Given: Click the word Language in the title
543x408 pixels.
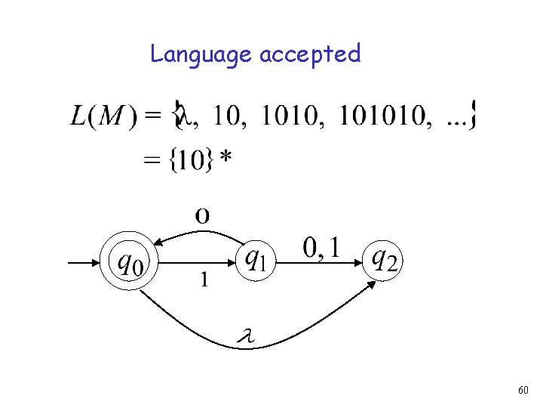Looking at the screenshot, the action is (201, 54).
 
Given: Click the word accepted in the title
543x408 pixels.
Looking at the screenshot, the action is (310, 54).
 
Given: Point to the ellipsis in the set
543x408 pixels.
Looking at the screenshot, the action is (456, 117).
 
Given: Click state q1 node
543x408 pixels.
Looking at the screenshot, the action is (255, 261).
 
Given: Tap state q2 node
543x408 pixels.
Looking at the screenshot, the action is (385, 261).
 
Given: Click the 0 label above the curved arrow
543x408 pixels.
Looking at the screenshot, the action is (202, 215).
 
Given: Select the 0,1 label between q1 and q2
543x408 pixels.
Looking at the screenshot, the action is (322, 247).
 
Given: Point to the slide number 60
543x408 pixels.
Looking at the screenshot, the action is (523, 390).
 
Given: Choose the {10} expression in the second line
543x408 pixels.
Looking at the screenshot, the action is (188, 160).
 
